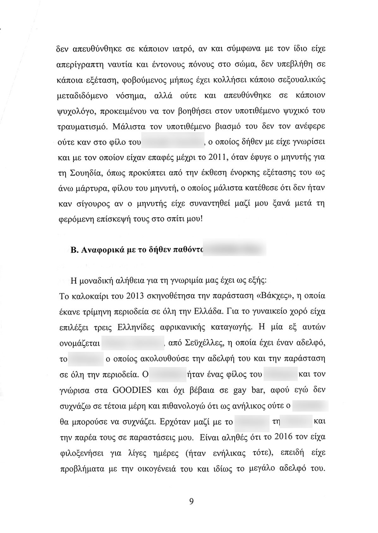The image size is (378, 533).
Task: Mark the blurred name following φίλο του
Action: (x=173, y=141)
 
